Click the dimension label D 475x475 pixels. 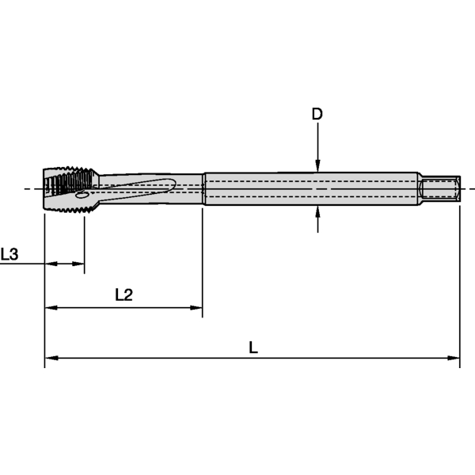[317, 114]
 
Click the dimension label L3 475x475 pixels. [9, 254]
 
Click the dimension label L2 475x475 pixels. [123, 294]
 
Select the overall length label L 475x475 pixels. [253, 347]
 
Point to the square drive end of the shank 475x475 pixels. [441, 188]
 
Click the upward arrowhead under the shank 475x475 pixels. [317, 212]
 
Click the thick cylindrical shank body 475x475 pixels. [309, 188]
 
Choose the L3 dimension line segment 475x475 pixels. [64, 264]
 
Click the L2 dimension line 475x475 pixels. [123, 307]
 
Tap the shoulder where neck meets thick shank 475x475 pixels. [203, 188]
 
